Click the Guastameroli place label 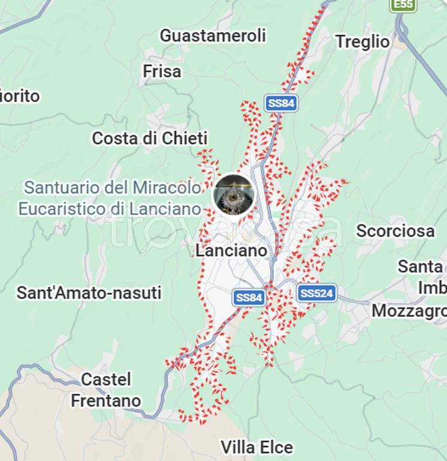pyautogui.click(x=213, y=35)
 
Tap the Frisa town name pyautogui.click(x=162, y=71)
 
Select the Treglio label pyautogui.click(x=363, y=41)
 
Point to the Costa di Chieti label pyautogui.click(x=150, y=138)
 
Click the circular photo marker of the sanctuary pyautogui.click(x=234, y=194)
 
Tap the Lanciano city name pyautogui.click(x=231, y=250)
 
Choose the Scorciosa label pyautogui.click(x=395, y=230)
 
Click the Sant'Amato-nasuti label pyautogui.click(x=89, y=293)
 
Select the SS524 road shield pyautogui.click(x=317, y=294)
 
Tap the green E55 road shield pyautogui.click(x=403, y=5)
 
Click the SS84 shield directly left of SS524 pyautogui.click(x=249, y=297)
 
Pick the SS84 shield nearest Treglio pyautogui.click(x=281, y=103)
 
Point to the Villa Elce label pyautogui.click(x=256, y=447)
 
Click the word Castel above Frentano pyautogui.click(x=106, y=379)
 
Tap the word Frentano pyautogui.click(x=106, y=400)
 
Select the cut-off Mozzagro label pyautogui.click(x=409, y=311)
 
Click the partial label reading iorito pyautogui.click(x=20, y=96)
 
